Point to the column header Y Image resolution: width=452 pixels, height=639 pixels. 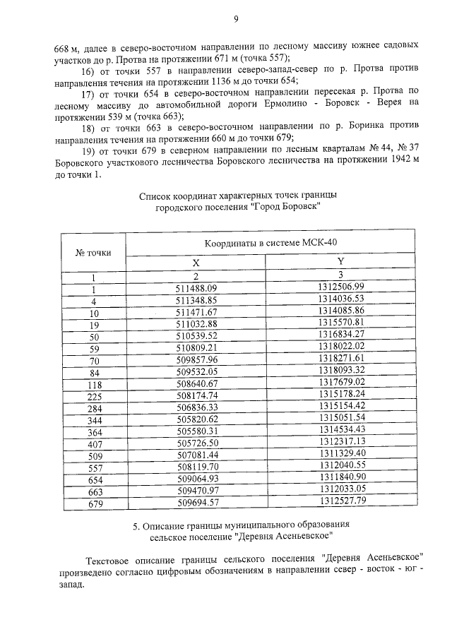click(x=340, y=261)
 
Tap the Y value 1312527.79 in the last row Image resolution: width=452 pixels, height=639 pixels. click(x=341, y=501)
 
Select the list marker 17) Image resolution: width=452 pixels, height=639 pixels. click(x=88, y=92)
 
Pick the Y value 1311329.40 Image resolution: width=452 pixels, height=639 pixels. click(x=341, y=453)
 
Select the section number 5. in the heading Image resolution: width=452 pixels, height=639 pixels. click(x=136, y=526)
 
